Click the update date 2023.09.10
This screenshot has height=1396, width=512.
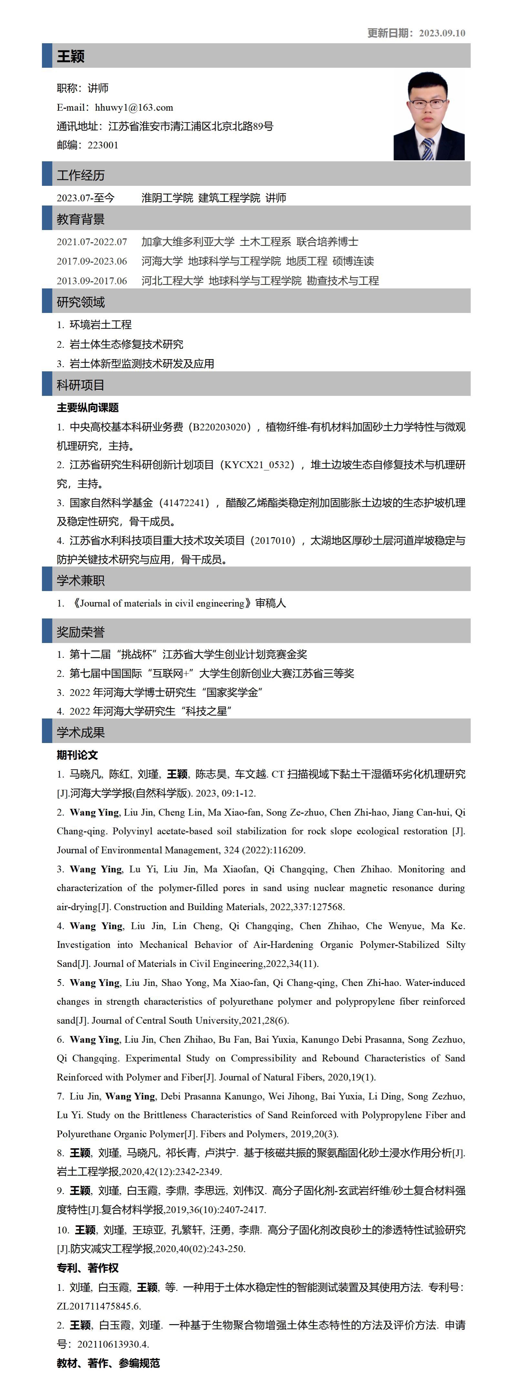pos(442,33)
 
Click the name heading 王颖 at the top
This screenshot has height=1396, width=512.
pos(70,56)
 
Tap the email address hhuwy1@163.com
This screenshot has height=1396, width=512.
pos(134,107)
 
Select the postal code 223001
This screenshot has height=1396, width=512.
pos(103,145)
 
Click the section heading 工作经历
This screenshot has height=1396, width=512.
pos(81,175)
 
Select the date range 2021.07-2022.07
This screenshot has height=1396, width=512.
pos(92,242)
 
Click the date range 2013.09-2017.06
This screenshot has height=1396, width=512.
pos(92,281)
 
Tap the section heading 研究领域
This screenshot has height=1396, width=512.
pos(81,302)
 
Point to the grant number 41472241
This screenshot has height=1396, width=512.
pos(186,503)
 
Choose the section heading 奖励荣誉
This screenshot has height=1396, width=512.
pos(81,632)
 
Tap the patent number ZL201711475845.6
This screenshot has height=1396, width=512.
pos(99,1306)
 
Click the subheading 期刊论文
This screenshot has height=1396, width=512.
pos(77,755)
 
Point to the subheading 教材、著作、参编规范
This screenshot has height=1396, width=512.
pos(108,1363)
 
